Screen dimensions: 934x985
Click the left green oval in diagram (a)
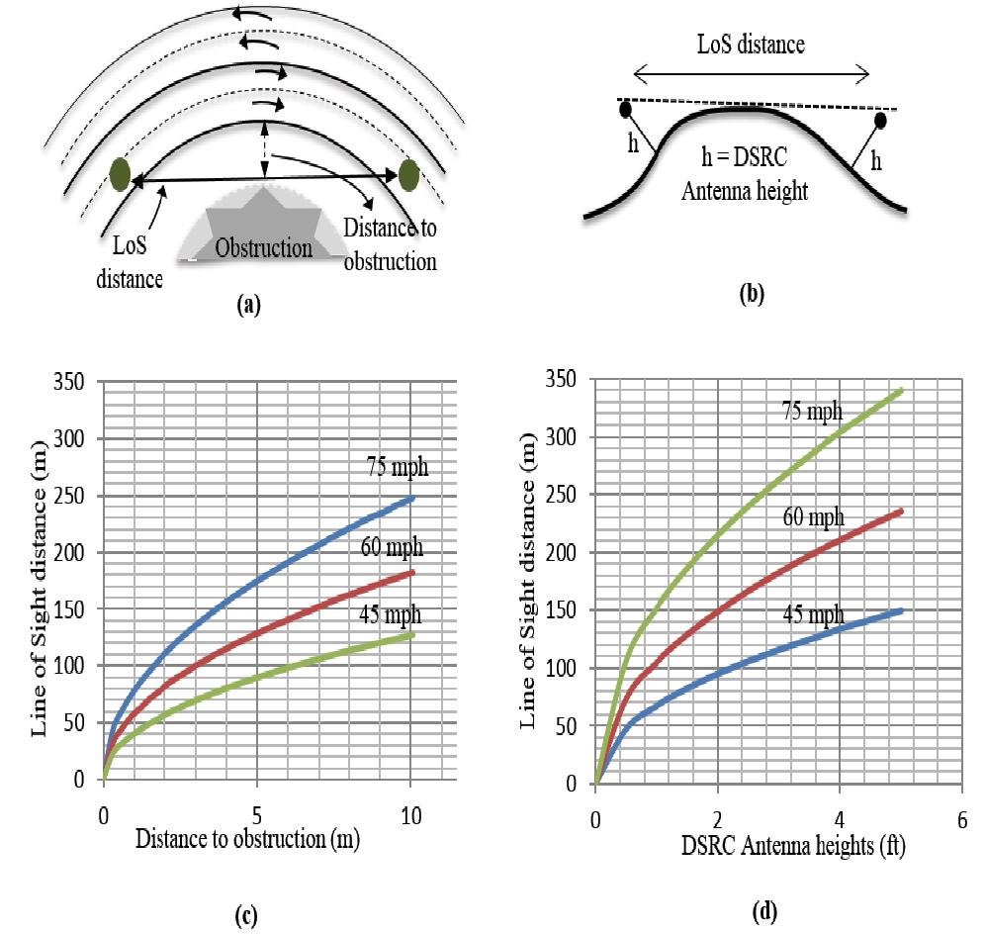[x=121, y=175]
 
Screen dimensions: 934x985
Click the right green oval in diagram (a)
[x=408, y=175]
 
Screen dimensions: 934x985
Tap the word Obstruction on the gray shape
[x=264, y=246]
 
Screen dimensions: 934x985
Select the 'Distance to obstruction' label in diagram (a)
[x=390, y=244]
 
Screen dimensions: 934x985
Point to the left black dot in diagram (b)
[x=625, y=109]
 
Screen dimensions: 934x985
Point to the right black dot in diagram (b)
[x=879, y=121]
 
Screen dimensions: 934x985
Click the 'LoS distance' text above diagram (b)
[x=752, y=44]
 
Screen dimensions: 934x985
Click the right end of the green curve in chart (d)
[x=902, y=391]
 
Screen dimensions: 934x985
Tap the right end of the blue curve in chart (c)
[x=412, y=499]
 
